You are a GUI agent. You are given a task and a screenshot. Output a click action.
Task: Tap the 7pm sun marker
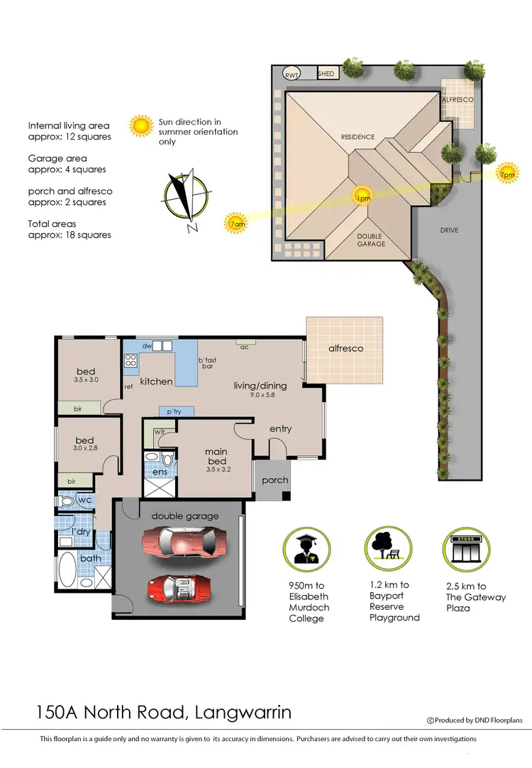507,174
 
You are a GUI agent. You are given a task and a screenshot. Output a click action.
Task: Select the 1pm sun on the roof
362,197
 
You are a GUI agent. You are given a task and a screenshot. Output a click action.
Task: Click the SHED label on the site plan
326,73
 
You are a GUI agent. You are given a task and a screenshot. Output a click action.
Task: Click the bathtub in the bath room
69,570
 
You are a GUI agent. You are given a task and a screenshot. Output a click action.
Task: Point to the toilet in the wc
67,501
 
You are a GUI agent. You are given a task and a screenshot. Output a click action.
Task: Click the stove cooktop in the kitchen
131,360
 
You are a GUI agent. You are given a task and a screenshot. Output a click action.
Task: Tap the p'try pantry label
174,411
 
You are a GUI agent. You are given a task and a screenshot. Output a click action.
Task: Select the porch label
275,480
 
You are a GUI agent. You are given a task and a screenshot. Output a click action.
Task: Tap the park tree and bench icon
387,547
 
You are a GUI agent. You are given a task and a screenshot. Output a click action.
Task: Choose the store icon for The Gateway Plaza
467,547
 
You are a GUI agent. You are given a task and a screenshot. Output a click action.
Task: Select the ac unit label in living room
245,347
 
